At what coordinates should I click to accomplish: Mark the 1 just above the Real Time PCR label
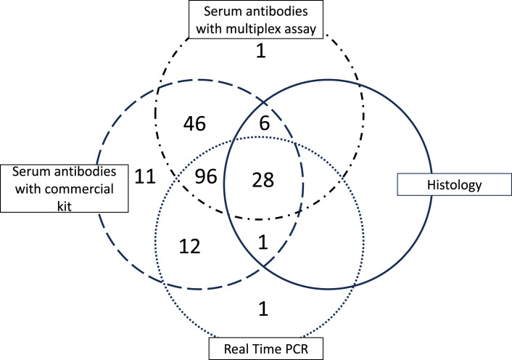click(x=264, y=308)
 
